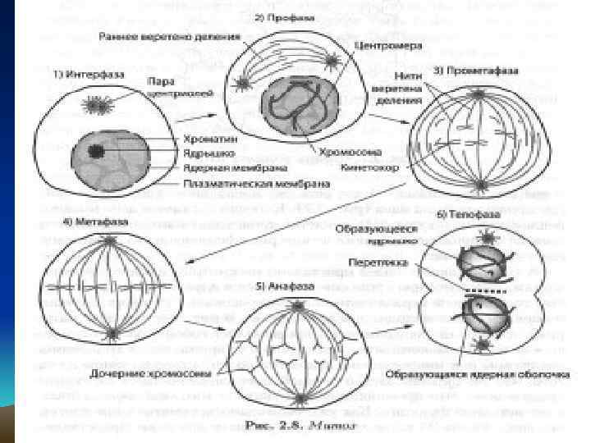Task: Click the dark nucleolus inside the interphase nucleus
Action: [98, 151]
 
